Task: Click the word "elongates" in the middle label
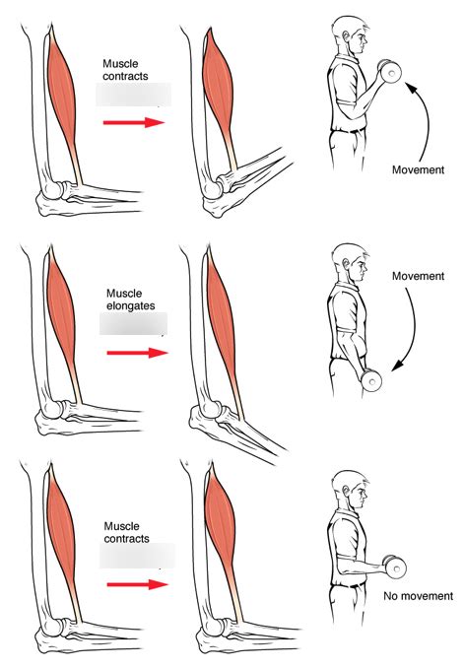point(131,305)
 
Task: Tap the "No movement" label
point(419,596)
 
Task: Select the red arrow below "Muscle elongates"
point(133,352)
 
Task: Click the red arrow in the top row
point(133,122)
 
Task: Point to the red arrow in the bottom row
point(133,583)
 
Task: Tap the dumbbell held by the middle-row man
point(370,379)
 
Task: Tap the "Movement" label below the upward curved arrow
point(416,169)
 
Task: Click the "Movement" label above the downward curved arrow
point(418,277)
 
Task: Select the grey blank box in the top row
point(133,95)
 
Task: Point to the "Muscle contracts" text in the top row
point(126,70)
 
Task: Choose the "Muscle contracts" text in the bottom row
point(126,532)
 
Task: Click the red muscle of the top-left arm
point(61,79)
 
